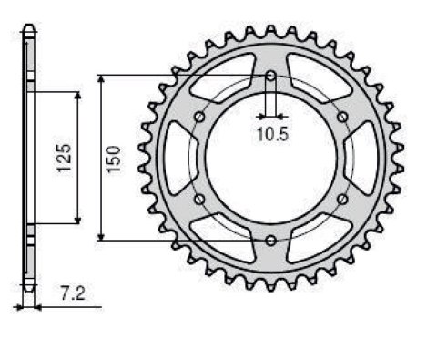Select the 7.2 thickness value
click(70, 294)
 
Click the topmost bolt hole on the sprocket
click(271, 77)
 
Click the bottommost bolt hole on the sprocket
click(271, 240)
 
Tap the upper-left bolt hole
click(200, 117)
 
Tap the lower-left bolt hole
click(200, 199)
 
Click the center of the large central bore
click(271, 158)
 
